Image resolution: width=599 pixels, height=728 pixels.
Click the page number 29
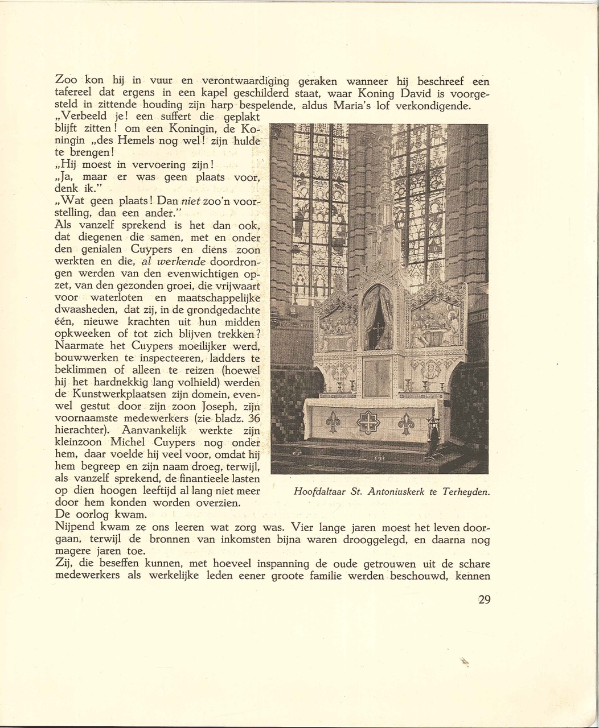(x=484, y=599)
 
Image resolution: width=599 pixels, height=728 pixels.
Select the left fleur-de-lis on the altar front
(x=333, y=422)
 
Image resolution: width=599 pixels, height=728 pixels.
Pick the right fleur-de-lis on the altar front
(x=406, y=423)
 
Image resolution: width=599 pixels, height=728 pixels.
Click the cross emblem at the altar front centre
(x=368, y=423)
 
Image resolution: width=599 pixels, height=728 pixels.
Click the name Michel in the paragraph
(x=129, y=442)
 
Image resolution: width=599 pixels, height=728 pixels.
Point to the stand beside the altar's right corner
(x=434, y=435)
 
